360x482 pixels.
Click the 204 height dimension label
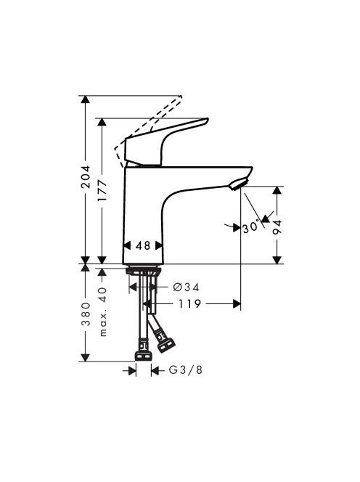(85, 176)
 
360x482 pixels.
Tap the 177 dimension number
(102, 191)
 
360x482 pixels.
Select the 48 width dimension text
(143, 245)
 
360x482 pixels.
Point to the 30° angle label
(250, 228)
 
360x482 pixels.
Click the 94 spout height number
(277, 227)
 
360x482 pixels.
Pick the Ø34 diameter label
(187, 287)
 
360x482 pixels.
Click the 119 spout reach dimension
(189, 303)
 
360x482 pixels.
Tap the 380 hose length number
(86, 314)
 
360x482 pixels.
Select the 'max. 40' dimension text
(103, 311)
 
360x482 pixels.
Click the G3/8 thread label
(186, 369)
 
